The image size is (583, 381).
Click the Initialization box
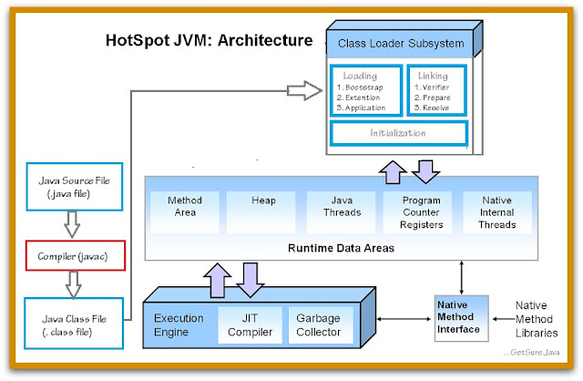point(398,133)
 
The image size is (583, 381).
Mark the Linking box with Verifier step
point(435,91)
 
